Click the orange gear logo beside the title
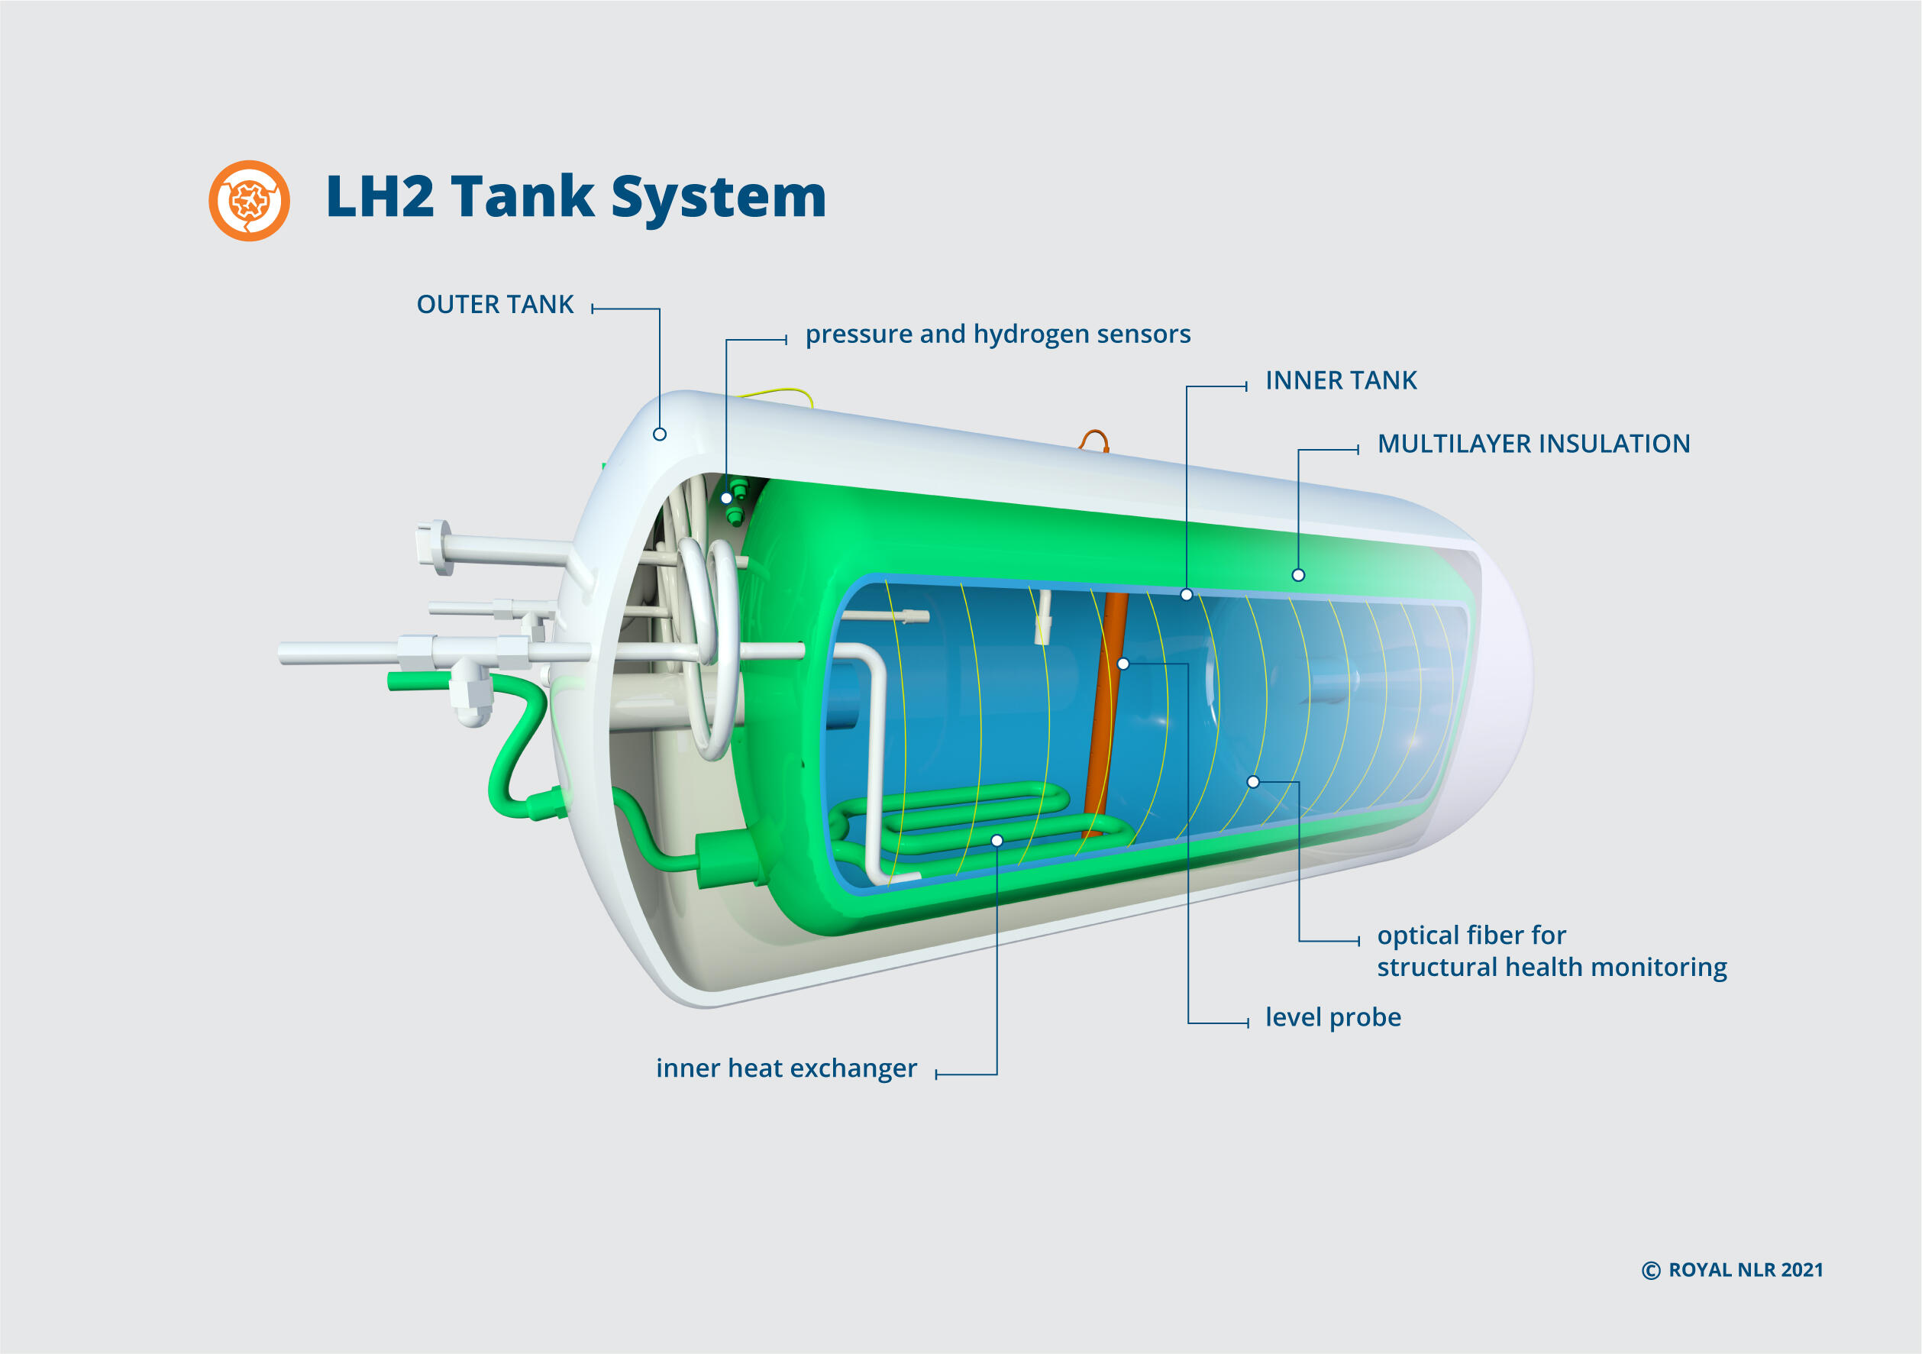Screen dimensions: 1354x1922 [250, 201]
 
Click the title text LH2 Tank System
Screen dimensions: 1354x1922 [576, 198]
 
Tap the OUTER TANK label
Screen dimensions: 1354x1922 [495, 305]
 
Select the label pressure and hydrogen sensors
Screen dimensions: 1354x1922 [997, 334]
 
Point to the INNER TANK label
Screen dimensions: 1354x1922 [1340, 381]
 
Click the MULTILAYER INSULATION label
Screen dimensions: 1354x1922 [1533, 444]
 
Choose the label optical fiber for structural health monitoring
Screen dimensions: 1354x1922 [1551, 952]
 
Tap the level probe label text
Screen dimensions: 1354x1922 [1332, 1017]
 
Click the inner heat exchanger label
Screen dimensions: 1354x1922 [786, 1068]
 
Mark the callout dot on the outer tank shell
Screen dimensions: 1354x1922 [660, 435]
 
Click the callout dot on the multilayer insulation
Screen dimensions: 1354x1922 [1298, 575]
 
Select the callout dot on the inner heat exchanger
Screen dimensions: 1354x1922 [997, 841]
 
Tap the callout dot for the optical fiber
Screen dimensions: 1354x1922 [1253, 782]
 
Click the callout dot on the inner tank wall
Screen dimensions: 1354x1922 [1186, 594]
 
